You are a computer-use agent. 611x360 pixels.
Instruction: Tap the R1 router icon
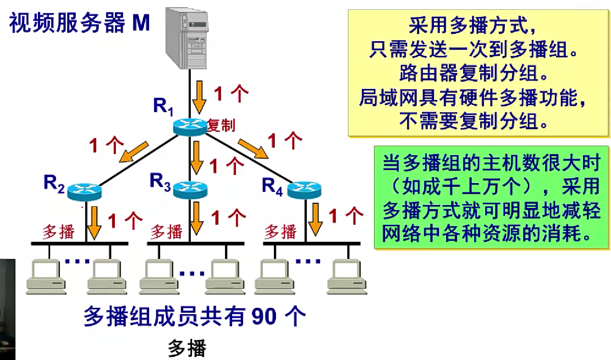190,126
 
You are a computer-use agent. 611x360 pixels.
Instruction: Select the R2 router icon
84,191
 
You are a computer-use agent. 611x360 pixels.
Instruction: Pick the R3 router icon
190,190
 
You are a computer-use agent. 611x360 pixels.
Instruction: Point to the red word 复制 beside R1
221,125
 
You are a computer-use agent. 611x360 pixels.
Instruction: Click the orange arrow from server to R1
199,97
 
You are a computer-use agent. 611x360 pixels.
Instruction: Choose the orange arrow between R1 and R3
196,157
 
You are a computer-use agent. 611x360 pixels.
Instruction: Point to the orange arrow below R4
315,219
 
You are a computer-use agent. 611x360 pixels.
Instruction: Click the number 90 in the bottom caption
264,316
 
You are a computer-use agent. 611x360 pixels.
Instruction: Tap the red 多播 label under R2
58,232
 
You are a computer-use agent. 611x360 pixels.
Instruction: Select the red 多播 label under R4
280,232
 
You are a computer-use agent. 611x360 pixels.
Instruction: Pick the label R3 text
160,181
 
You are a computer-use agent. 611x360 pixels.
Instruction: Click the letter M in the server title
141,23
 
